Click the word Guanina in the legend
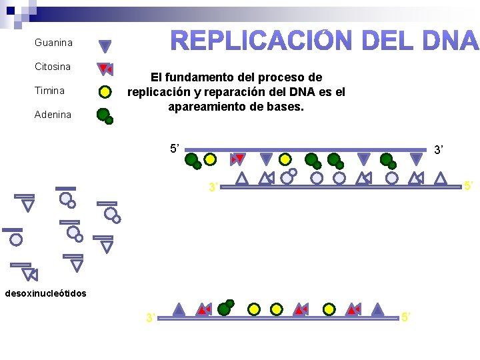(x=53, y=43)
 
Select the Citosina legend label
(x=53, y=67)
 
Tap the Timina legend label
(x=50, y=91)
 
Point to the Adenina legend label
(x=53, y=115)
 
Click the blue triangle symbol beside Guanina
(x=105, y=46)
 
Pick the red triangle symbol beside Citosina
(x=105, y=69)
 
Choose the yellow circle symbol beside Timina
(x=105, y=92)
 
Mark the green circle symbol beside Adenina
(x=105, y=115)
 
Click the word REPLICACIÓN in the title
(x=259, y=41)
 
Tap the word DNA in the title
(x=450, y=41)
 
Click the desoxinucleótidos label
(x=45, y=293)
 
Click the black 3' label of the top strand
(x=439, y=151)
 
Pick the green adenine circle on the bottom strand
(x=225, y=308)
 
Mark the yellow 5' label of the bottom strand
(x=407, y=318)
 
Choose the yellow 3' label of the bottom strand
(x=151, y=318)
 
